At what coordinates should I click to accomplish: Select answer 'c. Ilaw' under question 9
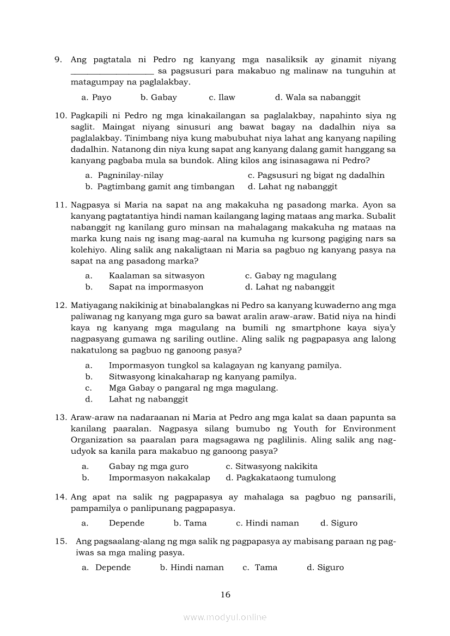[x=222, y=97]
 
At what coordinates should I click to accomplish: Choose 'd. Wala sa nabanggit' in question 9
[x=317, y=97]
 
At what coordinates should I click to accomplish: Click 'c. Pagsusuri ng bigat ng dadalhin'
[x=316, y=175]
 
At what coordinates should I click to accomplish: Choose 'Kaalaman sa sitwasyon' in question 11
[x=156, y=276]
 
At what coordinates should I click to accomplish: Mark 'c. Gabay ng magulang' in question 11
[x=290, y=276]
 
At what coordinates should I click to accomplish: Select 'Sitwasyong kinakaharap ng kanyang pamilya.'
[x=202, y=376]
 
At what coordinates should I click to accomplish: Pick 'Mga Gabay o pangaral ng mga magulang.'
[x=193, y=388]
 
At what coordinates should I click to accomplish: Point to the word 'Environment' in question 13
[x=369, y=429]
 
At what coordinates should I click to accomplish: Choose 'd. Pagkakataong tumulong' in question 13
[x=281, y=478]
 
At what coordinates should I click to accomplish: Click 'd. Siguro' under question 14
[x=339, y=523]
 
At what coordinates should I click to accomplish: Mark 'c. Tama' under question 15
[x=260, y=567]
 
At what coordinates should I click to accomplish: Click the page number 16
[x=226, y=595]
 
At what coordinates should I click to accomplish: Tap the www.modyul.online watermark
[x=225, y=617]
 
